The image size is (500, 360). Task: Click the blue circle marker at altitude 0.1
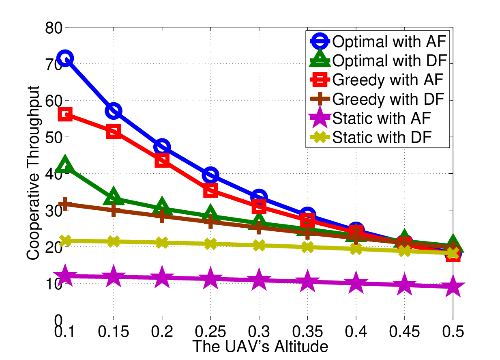(x=65, y=58)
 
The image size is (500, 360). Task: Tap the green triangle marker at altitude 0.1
(x=65, y=164)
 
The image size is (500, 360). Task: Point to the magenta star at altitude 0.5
(x=453, y=286)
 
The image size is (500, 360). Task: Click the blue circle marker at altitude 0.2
(x=162, y=147)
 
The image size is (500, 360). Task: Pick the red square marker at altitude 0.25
(x=210, y=190)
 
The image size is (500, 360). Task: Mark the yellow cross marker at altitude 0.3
(x=259, y=246)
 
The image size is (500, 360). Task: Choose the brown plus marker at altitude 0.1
(x=65, y=204)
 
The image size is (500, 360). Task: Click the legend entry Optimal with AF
(x=378, y=41)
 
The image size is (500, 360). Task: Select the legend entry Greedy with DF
(x=377, y=99)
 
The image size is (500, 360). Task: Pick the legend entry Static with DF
(x=371, y=137)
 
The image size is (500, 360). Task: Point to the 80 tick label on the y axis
(x=54, y=28)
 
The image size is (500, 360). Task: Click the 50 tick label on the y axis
(x=54, y=138)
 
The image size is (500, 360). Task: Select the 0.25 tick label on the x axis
(x=210, y=332)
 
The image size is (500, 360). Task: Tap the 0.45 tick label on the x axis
(x=404, y=332)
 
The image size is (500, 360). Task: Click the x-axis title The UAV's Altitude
(x=260, y=347)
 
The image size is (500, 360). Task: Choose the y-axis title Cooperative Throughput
(x=33, y=173)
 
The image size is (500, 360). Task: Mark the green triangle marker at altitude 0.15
(x=114, y=196)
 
